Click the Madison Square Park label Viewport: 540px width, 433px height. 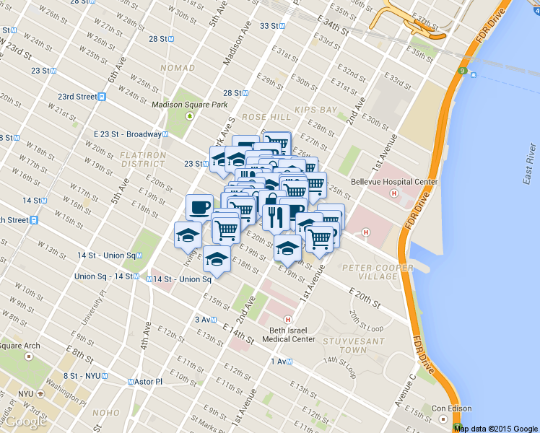[x=188, y=104]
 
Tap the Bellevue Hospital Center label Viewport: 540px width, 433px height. [x=394, y=182]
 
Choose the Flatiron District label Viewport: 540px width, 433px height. [x=143, y=159]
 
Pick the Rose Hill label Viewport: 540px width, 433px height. [x=266, y=116]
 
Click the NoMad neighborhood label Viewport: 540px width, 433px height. [x=178, y=68]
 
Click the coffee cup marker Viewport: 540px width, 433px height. [x=199, y=208]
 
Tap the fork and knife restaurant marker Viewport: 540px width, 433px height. [x=276, y=216]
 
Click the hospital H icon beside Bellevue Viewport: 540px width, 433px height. [x=393, y=193]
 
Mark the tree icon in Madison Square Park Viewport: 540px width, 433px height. [x=190, y=115]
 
